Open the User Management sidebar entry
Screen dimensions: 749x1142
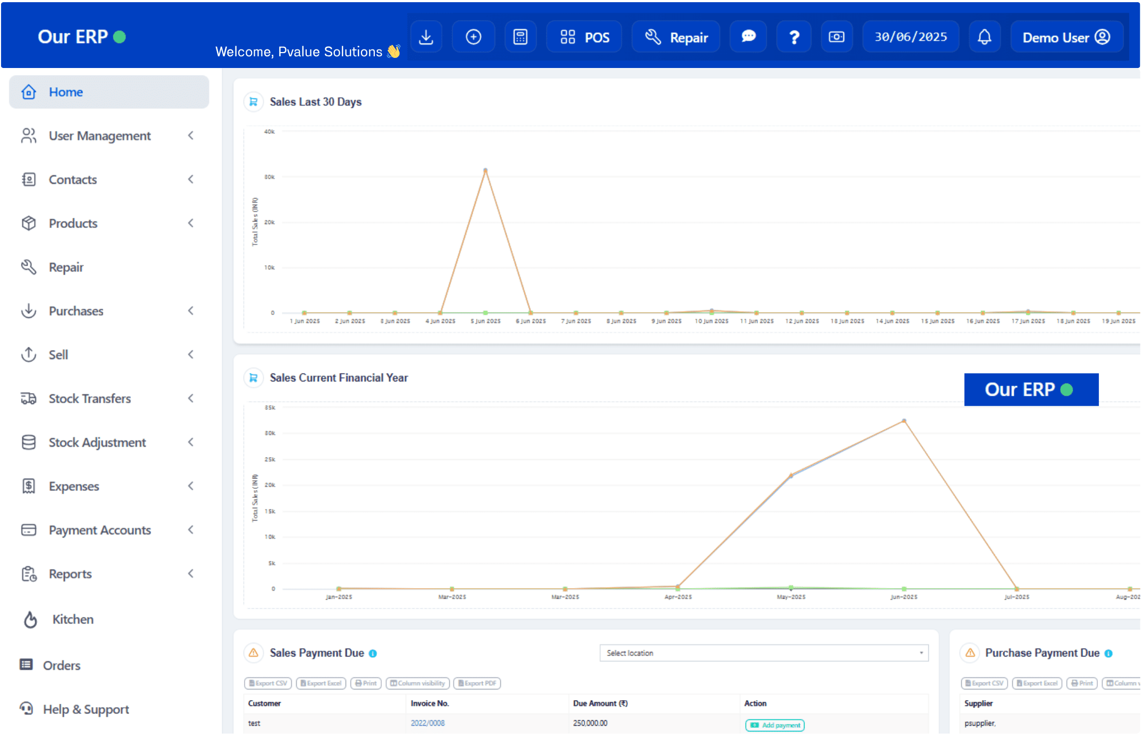click(99, 136)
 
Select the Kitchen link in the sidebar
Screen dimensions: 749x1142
click(73, 619)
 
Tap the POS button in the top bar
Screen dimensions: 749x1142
click(584, 37)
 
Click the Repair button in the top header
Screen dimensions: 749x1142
click(676, 37)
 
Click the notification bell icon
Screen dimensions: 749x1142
click(984, 37)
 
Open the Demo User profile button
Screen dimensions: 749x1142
click(1066, 37)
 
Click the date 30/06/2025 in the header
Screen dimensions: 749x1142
click(911, 37)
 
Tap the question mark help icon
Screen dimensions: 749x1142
click(794, 37)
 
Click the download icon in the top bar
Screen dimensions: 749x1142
click(426, 37)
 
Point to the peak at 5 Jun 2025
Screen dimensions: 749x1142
click(485, 171)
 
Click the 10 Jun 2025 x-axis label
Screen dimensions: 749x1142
click(711, 321)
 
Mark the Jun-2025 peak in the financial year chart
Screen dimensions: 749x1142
click(904, 421)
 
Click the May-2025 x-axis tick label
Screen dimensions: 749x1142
click(791, 597)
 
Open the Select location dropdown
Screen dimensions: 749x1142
click(763, 653)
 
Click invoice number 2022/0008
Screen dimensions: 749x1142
click(427, 723)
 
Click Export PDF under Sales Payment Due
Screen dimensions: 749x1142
click(477, 683)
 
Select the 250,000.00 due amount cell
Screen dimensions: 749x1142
click(590, 723)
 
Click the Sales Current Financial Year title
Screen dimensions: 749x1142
click(339, 378)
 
